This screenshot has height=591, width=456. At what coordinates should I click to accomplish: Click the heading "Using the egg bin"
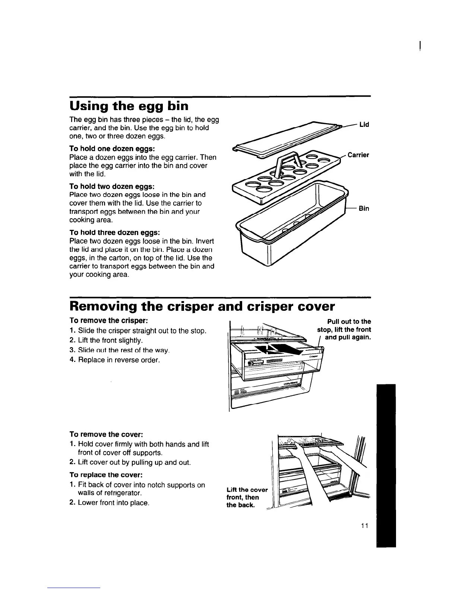point(129,106)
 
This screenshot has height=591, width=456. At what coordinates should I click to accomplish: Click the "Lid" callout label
point(364,124)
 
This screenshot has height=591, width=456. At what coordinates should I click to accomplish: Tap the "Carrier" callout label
point(358,155)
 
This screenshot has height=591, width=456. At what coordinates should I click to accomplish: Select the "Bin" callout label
point(364,208)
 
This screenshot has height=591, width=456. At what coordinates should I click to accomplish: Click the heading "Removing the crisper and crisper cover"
point(202,306)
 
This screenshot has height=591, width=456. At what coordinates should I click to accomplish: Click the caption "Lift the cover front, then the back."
point(247,497)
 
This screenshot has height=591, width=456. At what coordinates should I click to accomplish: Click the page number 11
point(364,526)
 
